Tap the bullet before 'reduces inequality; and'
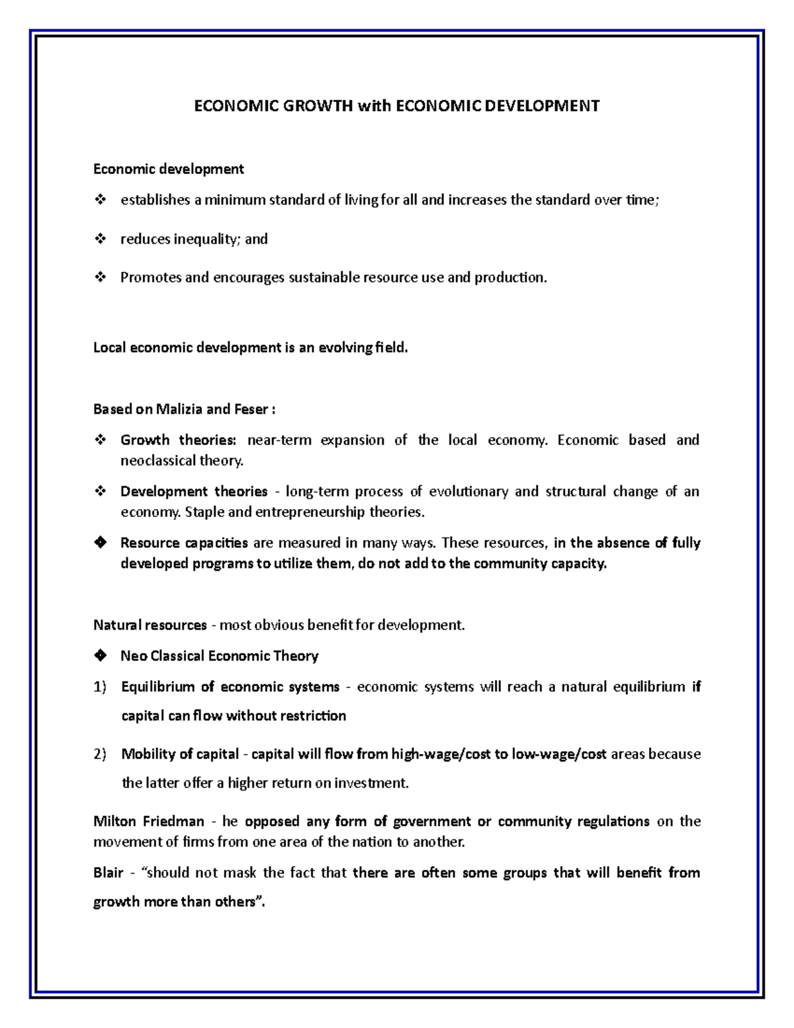(101, 239)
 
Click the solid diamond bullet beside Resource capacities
(101, 543)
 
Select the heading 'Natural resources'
(150, 625)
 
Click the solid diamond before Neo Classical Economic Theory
(101, 656)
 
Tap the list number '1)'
(100, 687)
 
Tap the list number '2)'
(100, 755)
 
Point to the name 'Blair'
(109, 873)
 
